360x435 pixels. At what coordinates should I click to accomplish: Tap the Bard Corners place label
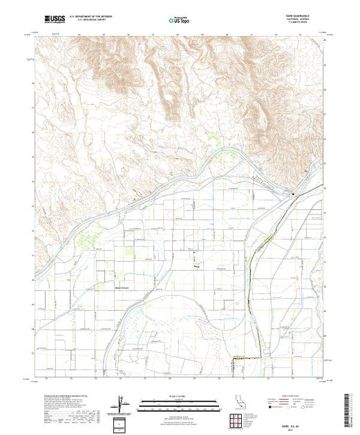tap(122, 279)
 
